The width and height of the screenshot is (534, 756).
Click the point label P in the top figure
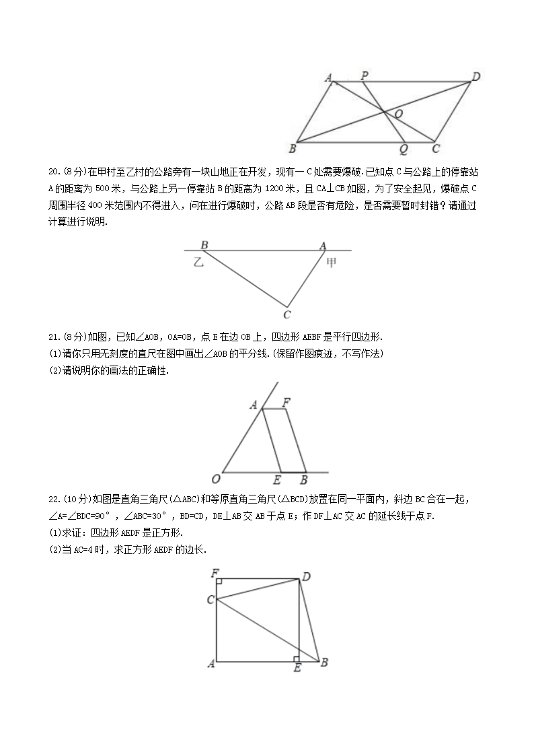(x=364, y=75)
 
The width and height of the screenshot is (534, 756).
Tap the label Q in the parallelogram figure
(x=403, y=149)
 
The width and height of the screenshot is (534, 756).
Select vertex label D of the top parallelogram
(x=475, y=76)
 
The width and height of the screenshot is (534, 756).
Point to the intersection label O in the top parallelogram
(x=398, y=115)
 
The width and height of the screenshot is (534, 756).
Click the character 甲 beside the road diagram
(x=332, y=262)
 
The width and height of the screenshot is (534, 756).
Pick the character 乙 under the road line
(x=198, y=262)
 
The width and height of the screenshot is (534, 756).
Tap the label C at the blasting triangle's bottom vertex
(x=287, y=314)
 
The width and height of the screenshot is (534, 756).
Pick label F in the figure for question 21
(x=287, y=403)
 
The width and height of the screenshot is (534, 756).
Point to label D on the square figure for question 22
(x=306, y=576)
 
